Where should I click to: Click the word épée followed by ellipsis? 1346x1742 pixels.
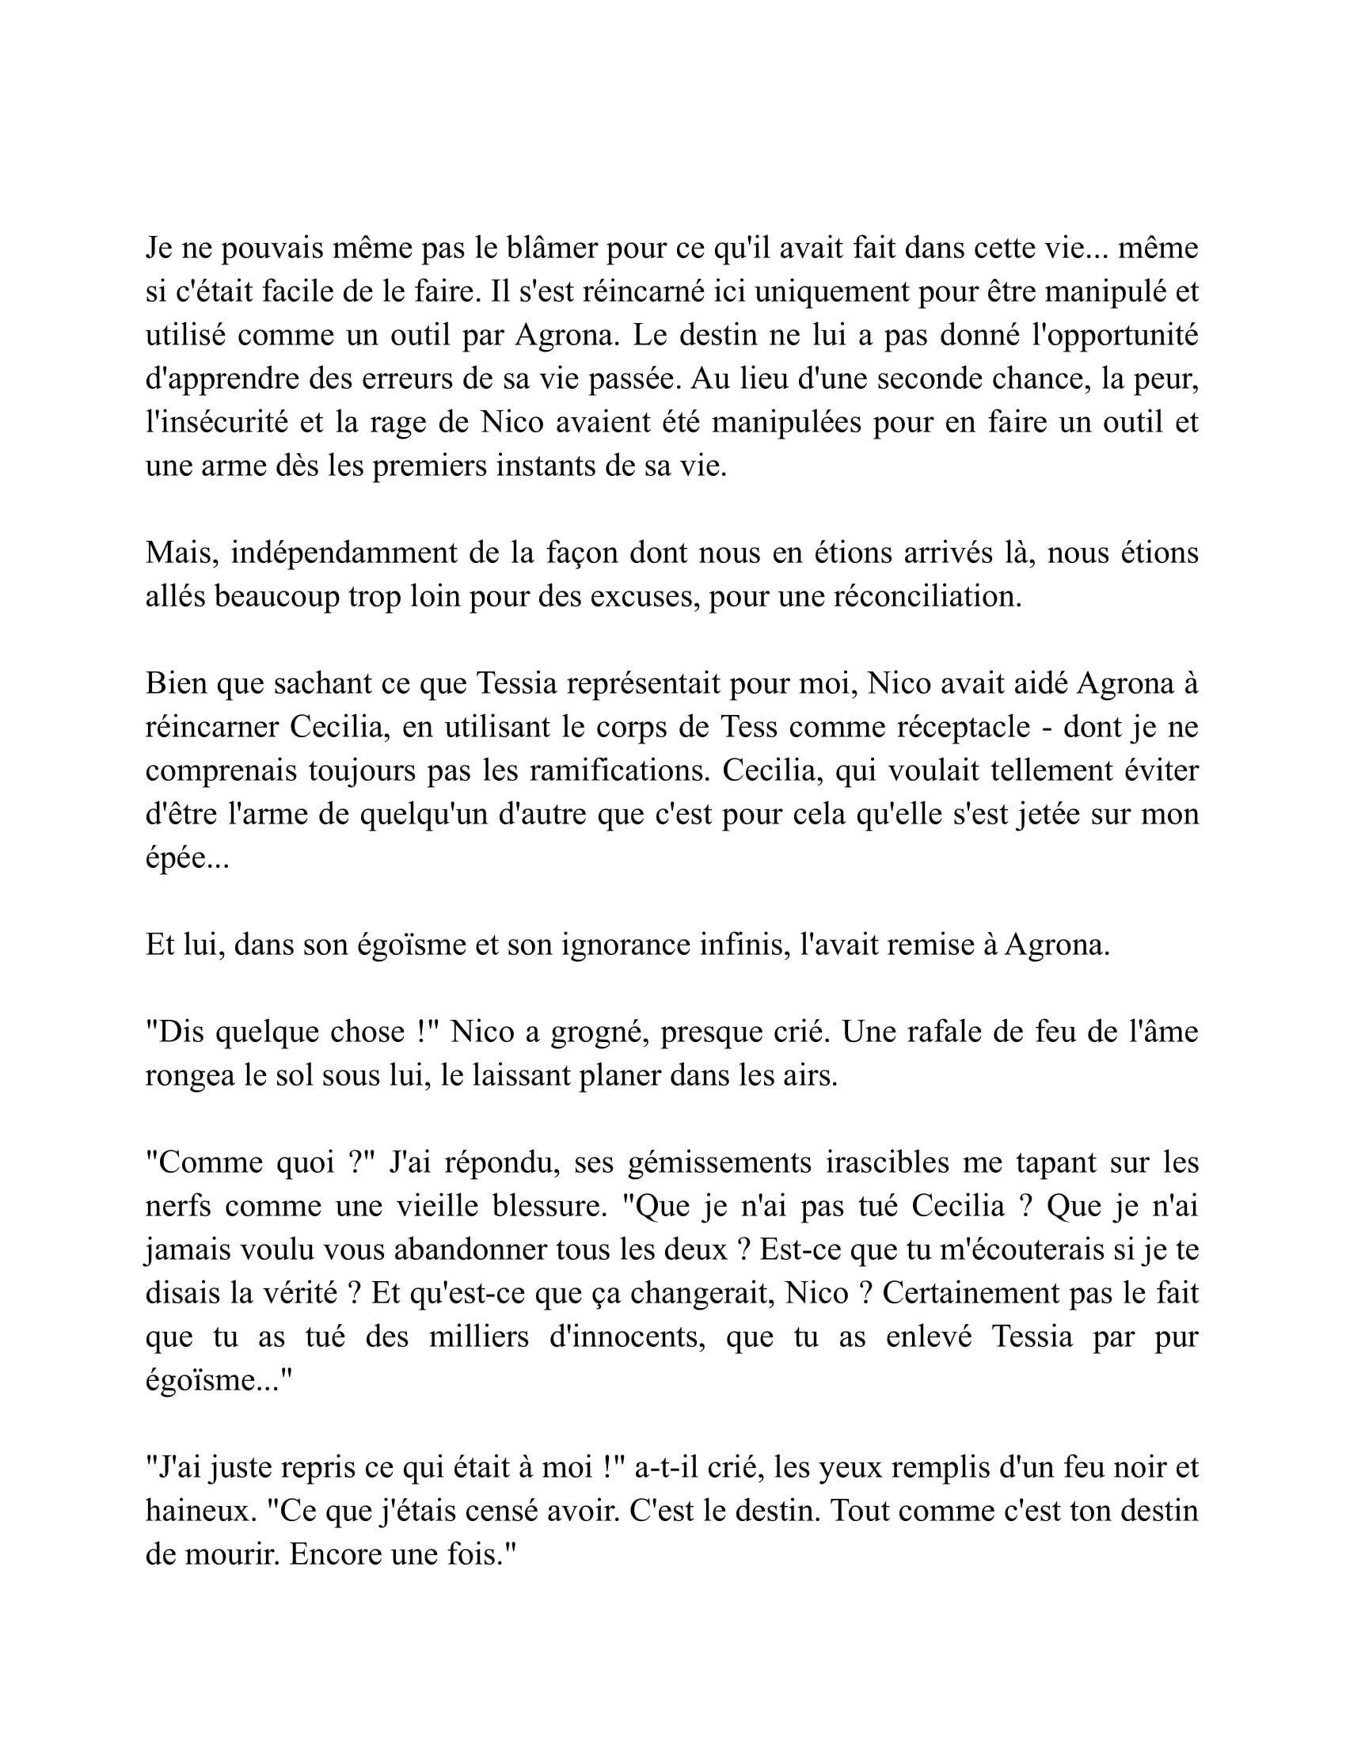[x=187, y=858]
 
